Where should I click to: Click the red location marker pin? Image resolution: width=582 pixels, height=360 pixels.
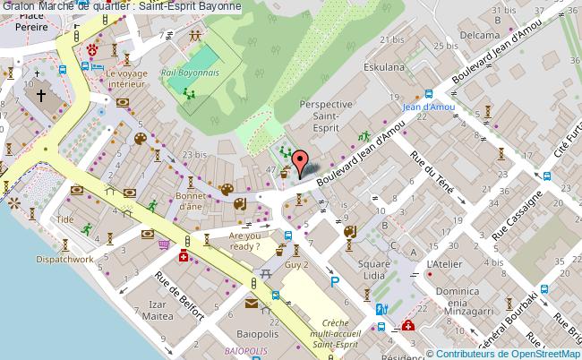(299, 165)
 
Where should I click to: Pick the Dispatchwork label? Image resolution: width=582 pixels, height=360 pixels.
(65, 259)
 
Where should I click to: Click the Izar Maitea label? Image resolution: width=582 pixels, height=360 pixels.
(156, 310)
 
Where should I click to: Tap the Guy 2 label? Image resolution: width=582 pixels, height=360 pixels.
(296, 266)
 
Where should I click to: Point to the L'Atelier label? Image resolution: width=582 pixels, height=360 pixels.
(444, 264)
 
